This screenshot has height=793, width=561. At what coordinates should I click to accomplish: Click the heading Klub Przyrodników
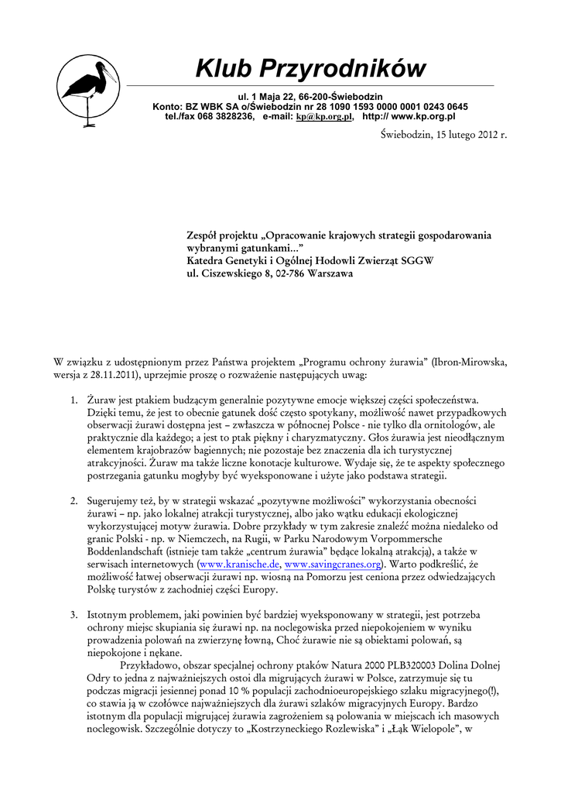pyautogui.click(x=310, y=69)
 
